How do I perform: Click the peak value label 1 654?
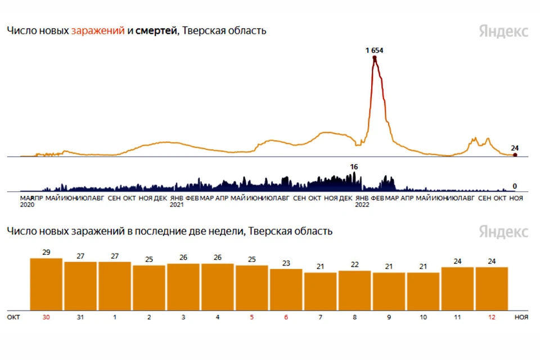pyautogui.click(x=374, y=50)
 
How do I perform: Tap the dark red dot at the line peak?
pyautogui.click(x=375, y=57)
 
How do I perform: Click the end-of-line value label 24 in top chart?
pyautogui.click(x=514, y=148)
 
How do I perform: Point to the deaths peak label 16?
pyautogui.click(x=354, y=166)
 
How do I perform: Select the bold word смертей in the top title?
pyautogui.click(x=156, y=31)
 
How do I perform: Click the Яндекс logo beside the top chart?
pyautogui.click(x=503, y=31)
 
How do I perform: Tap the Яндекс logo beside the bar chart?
pyautogui.click(x=503, y=231)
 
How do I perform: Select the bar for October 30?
pyautogui.click(x=46, y=284)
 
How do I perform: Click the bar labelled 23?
pyautogui.click(x=286, y=289)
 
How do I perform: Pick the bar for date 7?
pyautogui.click(x=320, y=291)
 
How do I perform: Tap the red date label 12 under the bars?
pyautogui.click(x=492, y=317)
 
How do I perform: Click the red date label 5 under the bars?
pyautogui.click(x=251, y=317)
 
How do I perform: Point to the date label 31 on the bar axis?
pyautogui.click(x=80, y=317)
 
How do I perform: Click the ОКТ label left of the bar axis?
pyautogui.click(x=13, y=317)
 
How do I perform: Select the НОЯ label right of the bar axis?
pyautogui.click(x=521, y=317)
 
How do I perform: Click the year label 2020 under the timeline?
pyautogui.click(x=28, y=205)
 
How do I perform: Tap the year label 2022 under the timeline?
pyautogui.click(x=362, y=205)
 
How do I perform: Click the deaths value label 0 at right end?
pyautogui.click(x=515, y=186)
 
